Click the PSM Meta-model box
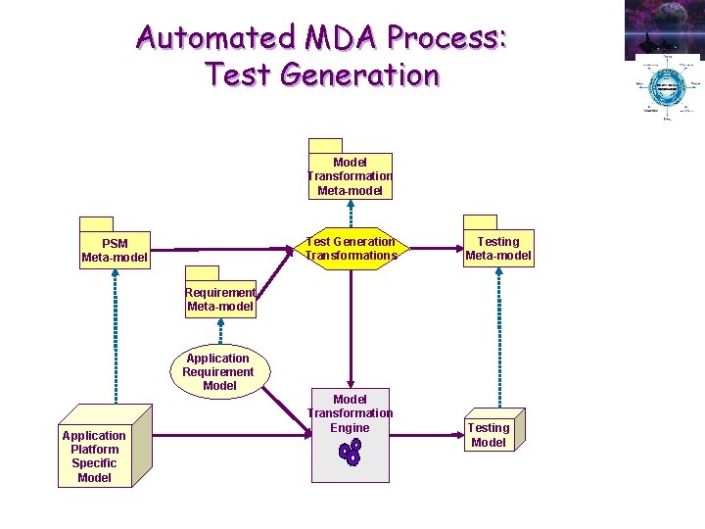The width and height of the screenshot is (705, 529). [115, 250]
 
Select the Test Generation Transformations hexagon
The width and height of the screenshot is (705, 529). [351, 249]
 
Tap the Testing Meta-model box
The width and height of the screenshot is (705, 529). [498, 249]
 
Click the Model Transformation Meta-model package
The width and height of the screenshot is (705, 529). [350, 176]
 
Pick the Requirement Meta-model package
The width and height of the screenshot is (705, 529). [220, 299]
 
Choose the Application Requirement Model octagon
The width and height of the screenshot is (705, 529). [218, 371]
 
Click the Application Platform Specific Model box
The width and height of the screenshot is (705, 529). [94, 456]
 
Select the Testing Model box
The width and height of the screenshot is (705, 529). [489, 434]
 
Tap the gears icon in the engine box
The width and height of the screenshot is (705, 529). [350, 452]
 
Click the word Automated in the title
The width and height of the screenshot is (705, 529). [215, 37]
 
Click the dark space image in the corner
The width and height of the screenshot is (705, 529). [664, 27]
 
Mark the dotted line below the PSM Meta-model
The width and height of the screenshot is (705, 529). [116, 333]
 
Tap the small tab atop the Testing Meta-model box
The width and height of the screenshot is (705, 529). [480, 220]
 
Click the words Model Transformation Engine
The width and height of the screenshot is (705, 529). [350, 412]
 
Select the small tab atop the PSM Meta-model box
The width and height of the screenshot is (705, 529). [97, 222]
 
